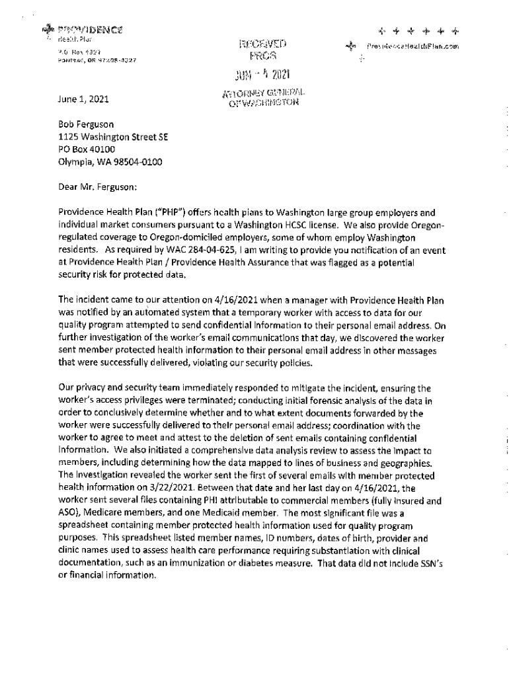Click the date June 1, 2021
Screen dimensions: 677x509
83,100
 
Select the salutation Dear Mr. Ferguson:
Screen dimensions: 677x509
98,186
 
